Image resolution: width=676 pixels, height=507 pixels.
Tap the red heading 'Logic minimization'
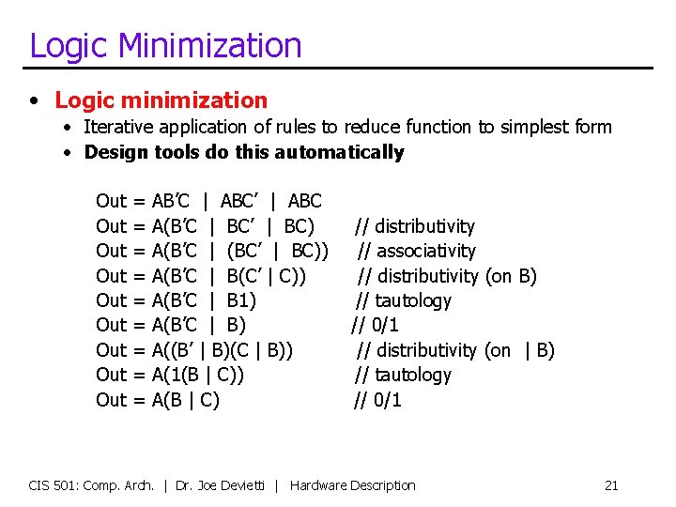pyautogui.click(x=161, y=100)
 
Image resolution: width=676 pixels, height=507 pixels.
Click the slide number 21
pyautogui.click(x=611, y=485)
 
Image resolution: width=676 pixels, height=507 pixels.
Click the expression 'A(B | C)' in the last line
pyautogui.click(x=186, y=400)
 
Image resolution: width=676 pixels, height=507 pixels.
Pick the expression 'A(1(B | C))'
pyautogui.click(x=198, y=375)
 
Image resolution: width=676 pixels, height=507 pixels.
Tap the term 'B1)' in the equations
pyautogui.click(x=242, y=300)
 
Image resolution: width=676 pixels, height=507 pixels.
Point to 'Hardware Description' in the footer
pyautogui.click(x=353, y=485)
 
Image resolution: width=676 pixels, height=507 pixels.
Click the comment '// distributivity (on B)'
pyautogui.click(x=446, y=276)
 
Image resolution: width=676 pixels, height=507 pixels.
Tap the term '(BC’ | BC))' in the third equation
pyautogui.click(x=278, y=251)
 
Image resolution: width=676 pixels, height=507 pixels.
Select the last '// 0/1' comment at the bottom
pyautogui.click(x=377, y=400)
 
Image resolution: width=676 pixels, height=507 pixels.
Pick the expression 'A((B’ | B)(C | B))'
pyautogui.click(x=223, y=350)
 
